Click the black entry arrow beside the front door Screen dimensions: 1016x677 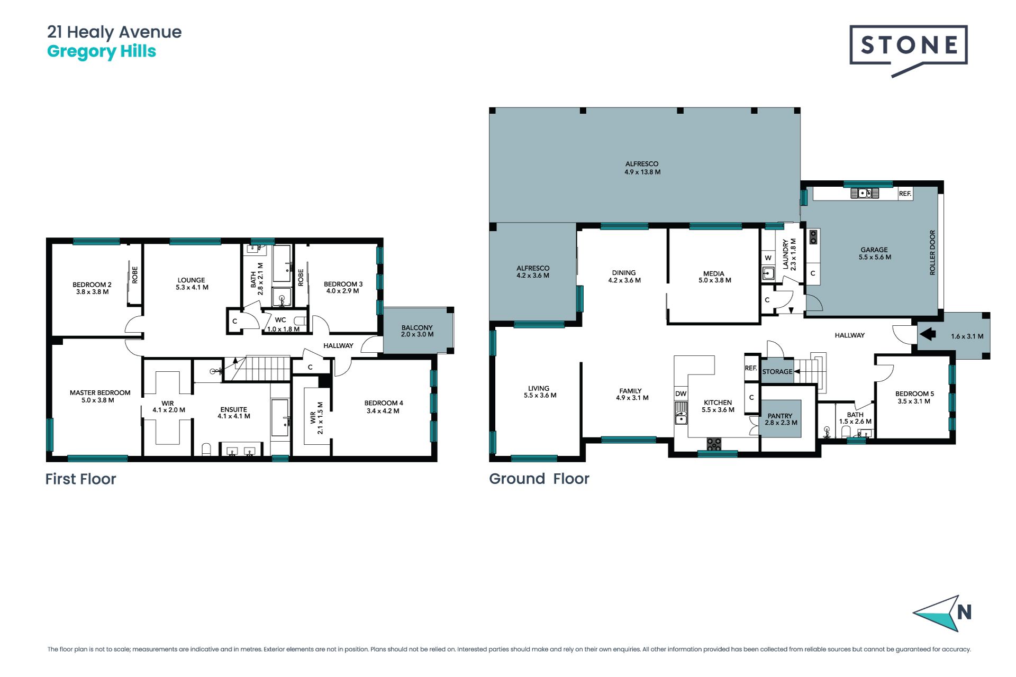tap(928, 334)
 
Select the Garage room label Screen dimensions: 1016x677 tap(875, 253)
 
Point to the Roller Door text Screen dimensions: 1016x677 tap(932, 252)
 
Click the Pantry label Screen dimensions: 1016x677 tap(781, 419)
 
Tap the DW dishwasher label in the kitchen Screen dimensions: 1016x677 tap(681, 394)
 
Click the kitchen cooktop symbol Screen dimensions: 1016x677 tap(714, 444)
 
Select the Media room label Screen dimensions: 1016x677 tap(714, 277)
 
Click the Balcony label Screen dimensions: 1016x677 tap(417, 331)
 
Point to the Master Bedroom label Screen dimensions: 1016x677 tap(99, 396)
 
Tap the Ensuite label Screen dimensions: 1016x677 tap(233, 413)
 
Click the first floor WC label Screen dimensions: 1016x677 tap(281, 320)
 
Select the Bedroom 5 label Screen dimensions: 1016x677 tap(914, 397)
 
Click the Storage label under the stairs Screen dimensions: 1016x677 tap(777, 372)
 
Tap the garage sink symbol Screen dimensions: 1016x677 tap(864, 193)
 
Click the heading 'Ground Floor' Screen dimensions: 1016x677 tap(539, 479)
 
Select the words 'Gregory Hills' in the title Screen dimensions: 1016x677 tap(102, 52)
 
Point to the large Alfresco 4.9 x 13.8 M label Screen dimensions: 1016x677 tap(642, 168)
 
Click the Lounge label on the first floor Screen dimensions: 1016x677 tap(192, 283)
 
